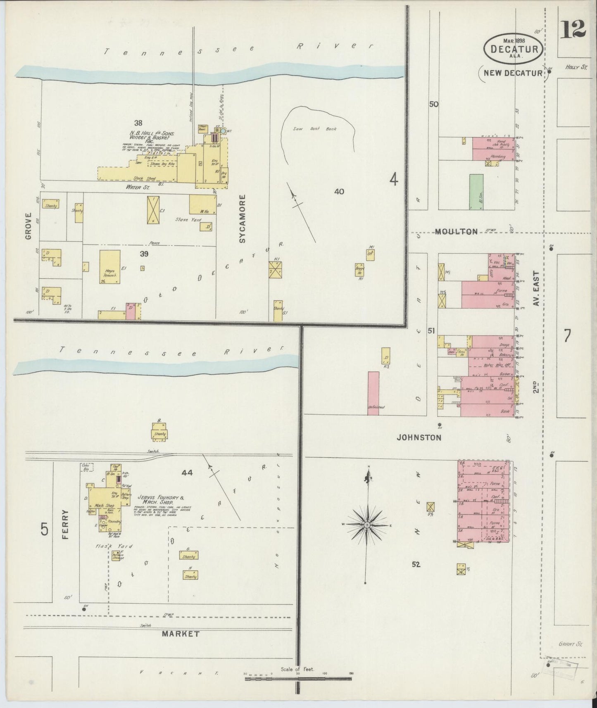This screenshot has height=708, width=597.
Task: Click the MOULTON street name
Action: [x=456, y=232]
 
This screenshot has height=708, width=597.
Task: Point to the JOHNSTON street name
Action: [x=419, y=437]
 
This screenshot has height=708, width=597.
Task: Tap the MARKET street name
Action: [x=181, y=645]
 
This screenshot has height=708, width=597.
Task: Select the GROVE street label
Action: [x=28, y=226]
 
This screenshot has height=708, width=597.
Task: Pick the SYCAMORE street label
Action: [x=242, y=219]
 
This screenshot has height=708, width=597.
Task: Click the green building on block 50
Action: [x=476, y=191]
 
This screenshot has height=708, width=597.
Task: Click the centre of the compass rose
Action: [x=366, y=525]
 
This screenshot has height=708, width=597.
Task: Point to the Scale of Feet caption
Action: [x=297, y=670]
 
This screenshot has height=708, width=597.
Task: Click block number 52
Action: [x=416, y=564]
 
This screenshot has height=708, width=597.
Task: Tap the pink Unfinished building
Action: [x=373, y=392]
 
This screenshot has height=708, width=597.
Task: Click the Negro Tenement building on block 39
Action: [x=110, y=266]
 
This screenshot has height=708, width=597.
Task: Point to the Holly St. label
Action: [x=576, y=66]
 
